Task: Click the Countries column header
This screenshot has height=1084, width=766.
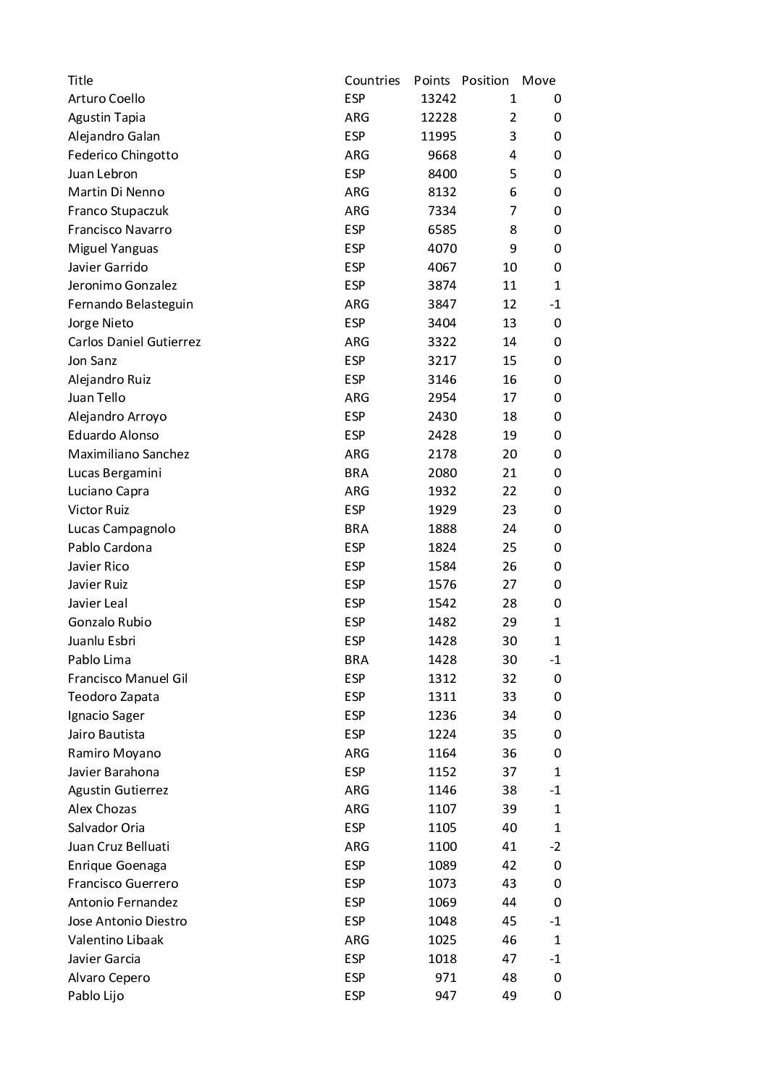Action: [372, 80]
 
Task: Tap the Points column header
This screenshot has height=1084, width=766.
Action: [432, 80]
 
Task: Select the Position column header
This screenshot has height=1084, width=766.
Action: [485, 80]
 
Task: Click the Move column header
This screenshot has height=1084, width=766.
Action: [539, 80]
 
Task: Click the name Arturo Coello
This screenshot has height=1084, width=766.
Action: [106, 98]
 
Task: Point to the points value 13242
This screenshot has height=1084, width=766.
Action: [438, 98]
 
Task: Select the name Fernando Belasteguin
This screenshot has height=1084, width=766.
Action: [130, 304]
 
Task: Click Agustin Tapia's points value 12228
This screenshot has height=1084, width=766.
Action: [438, 117]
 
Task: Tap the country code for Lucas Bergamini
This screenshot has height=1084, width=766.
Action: [356, 473]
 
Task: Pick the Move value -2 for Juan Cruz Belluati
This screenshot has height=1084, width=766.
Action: [555, 846]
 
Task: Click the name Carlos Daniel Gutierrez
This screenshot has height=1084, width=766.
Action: [134, 342]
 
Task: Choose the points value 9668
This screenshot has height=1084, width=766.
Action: [442, 155]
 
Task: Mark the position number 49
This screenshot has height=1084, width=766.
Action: [509, 996]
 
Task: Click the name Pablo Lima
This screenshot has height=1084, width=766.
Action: [99, 660]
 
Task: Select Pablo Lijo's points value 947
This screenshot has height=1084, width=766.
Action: [445, 996]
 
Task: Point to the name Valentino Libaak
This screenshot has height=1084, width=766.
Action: [116, 940]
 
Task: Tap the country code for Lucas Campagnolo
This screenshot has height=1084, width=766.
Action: [356, 529]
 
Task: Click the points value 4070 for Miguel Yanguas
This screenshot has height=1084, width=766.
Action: [442, 248]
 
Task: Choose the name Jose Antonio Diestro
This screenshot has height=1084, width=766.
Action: [127, 921]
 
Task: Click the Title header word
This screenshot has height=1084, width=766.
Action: [80, 80]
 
